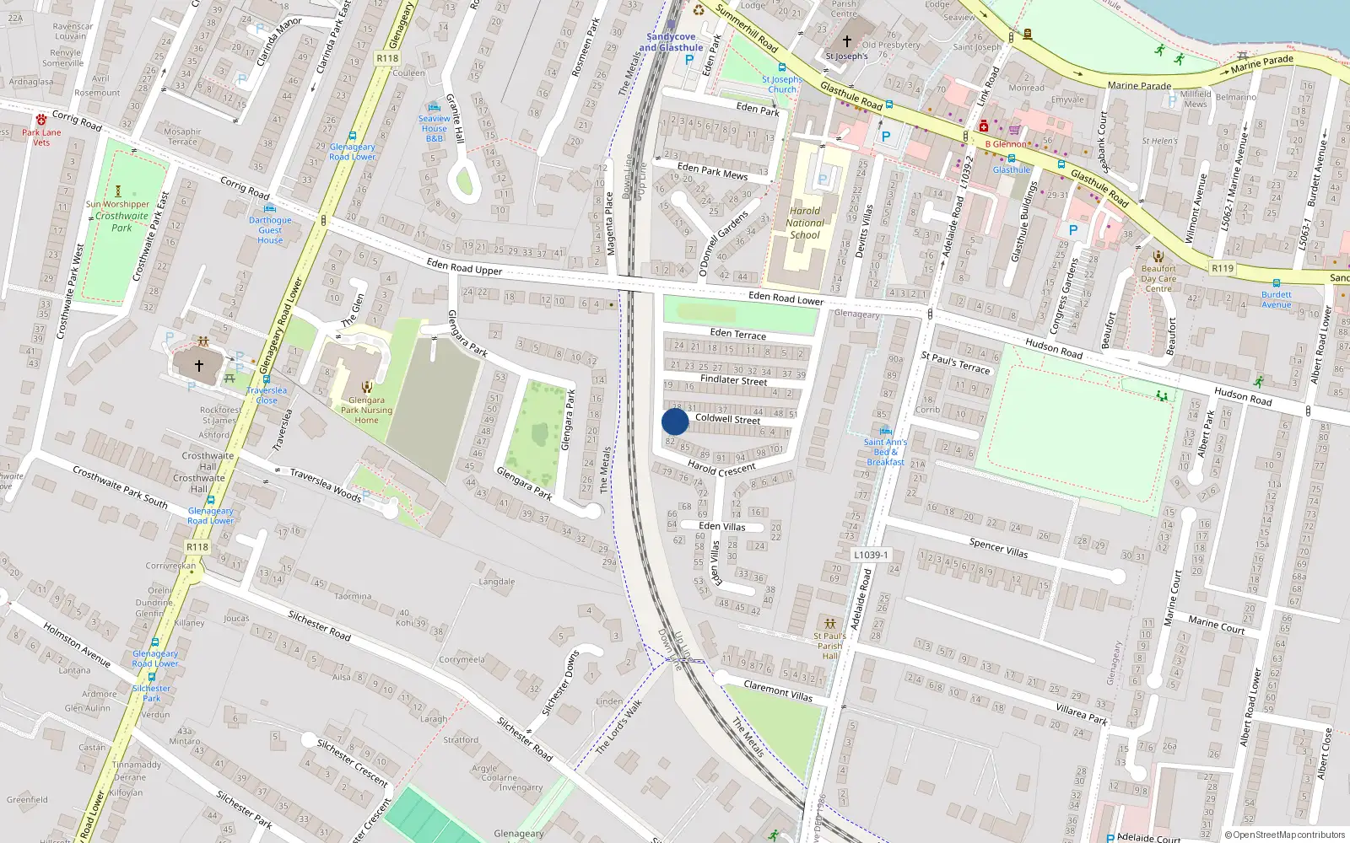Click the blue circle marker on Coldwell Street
675,421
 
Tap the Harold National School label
805,223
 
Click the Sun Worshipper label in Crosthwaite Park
117,204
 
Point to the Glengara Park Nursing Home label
366,411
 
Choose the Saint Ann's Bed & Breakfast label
885,452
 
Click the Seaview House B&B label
435,128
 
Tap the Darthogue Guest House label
270,230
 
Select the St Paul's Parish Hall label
829,646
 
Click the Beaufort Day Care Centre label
1158,278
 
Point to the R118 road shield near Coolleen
387,58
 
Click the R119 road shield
1222,268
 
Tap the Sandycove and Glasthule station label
671,42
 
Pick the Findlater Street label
733,380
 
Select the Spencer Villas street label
998,547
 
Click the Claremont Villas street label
778,691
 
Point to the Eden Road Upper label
464,267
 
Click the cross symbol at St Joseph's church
847,41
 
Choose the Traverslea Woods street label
325,485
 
